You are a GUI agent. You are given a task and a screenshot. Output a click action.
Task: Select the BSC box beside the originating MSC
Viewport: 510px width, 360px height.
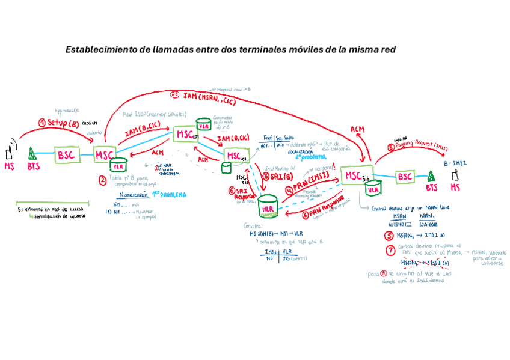click(66, 154)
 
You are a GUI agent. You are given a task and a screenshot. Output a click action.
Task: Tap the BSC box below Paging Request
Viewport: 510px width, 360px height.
click(405, 177)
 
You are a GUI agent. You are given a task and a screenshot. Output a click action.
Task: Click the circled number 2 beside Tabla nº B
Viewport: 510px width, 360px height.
click(103, 179)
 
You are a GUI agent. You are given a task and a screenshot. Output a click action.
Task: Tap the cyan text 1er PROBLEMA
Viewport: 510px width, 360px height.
click(168, 195)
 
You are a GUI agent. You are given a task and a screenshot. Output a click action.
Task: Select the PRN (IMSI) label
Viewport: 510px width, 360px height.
click(312, 180)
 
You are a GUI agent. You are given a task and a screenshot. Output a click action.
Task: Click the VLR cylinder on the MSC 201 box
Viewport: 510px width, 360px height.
click(204, 127)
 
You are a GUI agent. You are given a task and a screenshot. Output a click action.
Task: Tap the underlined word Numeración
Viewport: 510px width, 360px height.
click(133, 195)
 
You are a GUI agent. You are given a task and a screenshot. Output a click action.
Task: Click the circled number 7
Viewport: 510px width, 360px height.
click(390, 250)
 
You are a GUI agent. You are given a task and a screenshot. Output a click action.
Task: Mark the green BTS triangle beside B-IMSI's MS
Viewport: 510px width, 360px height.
click(431, 177)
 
